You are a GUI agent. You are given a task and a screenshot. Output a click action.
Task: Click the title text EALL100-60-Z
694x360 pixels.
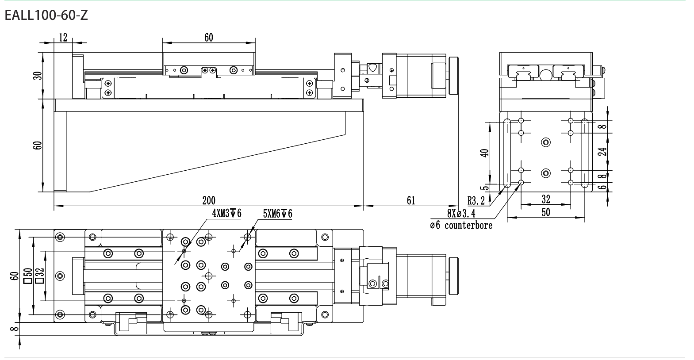[x=46, y=15]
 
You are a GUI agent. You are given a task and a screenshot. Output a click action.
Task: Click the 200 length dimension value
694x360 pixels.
[x=208, y=200]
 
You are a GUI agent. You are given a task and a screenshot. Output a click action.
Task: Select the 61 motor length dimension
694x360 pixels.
[x=411, y=200]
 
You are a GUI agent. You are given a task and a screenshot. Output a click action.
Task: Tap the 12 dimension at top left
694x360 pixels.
[x=63, y=38]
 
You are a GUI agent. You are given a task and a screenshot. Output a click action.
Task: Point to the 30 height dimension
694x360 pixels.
[x=38, y=76]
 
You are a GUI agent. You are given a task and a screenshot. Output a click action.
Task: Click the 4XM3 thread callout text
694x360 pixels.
[x=226, y=213]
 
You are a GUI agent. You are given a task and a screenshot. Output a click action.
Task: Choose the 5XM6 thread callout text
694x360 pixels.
[x=277, y=214]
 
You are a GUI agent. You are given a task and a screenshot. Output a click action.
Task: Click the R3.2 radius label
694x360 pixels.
[x=476, y=201]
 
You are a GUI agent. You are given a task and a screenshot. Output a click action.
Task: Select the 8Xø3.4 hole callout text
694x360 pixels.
[x=461, y=214]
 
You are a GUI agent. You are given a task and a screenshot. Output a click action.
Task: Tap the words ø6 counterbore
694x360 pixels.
[x=461, y=225]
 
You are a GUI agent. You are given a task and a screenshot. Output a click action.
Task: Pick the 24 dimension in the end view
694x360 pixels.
[x=602, y=152]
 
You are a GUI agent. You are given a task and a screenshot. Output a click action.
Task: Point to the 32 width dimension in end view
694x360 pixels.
[x=545, y=199]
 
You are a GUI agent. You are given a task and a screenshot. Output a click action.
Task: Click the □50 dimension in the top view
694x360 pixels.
[x=28, y=276]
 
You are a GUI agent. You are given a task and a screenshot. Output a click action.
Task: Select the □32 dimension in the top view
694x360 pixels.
[x=40, y=276]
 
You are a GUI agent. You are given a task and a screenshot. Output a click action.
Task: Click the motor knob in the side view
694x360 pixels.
[x=454, y=76]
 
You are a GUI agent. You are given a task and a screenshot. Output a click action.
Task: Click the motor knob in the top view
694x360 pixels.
[x=454, y=276]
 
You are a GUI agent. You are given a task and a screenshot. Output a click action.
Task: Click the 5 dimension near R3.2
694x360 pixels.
[x=485, y=187]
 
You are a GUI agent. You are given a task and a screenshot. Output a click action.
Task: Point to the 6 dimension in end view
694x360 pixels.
[x=602, y=187]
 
